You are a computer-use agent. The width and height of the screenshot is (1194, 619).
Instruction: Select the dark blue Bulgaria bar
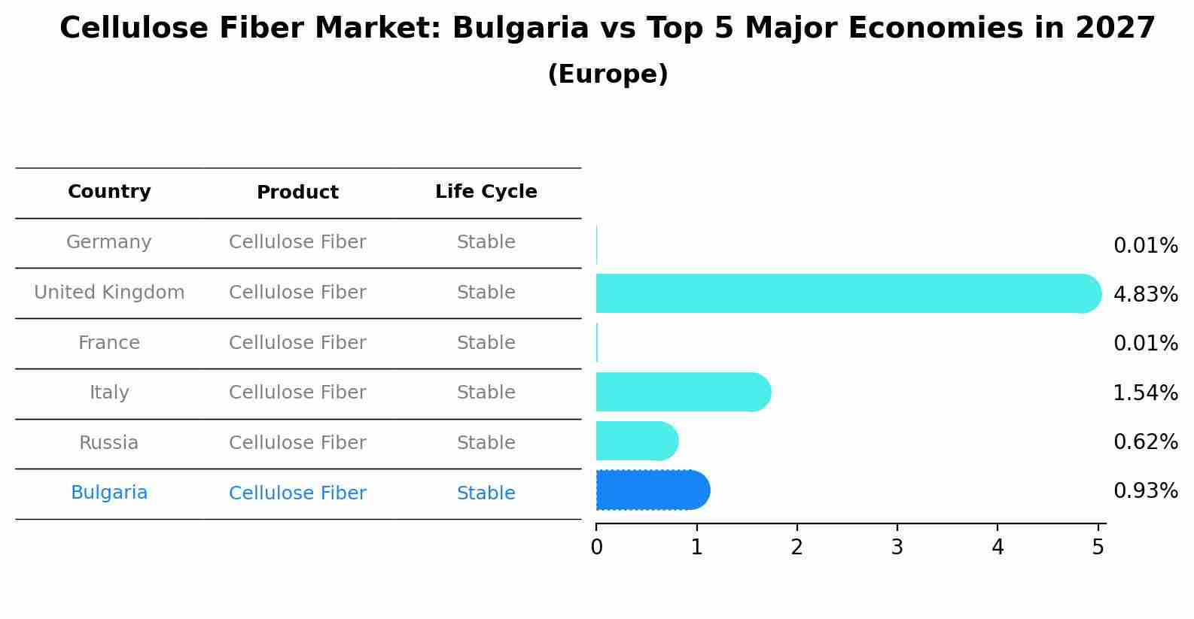[x=652, y=490]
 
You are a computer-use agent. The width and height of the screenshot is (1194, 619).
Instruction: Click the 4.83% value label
[x=1145, y=295]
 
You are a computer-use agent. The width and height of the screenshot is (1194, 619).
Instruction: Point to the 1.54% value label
[x=1145, y=393]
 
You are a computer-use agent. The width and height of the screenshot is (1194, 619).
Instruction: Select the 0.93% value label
[x=1145, y=491]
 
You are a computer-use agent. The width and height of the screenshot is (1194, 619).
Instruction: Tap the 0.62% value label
[x=1145, y=442]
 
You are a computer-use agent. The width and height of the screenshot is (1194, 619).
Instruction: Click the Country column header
[x=109, y=192]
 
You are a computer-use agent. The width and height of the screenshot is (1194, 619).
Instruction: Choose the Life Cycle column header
[x=486, y=192]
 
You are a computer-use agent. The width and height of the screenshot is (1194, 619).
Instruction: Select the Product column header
[x=297, y=193]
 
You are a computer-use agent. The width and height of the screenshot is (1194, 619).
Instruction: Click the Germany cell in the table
[x=109, y=242]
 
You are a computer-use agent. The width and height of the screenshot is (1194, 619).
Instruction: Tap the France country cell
[x=109, y=343]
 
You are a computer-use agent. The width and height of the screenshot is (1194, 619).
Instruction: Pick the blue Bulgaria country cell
[x=109, y=493]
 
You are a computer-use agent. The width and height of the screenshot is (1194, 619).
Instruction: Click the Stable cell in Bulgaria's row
[x=486, y=493]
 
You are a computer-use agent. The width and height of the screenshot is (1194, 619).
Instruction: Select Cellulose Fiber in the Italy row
[x=297, y=393]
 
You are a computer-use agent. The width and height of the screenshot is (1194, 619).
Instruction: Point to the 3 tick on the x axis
[x=897, y=547]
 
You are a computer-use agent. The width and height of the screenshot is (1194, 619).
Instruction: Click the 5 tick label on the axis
[x=1098, y=547]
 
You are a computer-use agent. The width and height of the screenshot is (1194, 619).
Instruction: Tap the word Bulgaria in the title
[x=520, y=29]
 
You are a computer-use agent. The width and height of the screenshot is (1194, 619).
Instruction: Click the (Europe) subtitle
[x=608, y=74]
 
